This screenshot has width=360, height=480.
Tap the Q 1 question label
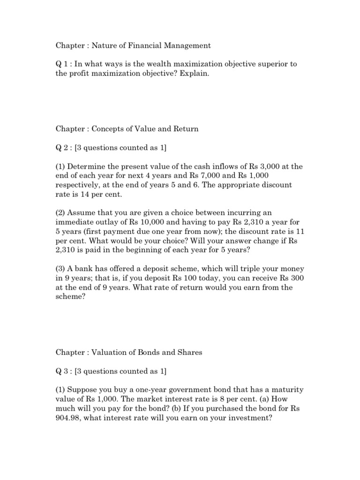tap(62, 64)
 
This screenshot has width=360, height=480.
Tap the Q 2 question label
tap(62, 148)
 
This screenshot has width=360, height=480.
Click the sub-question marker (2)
tap(61, 213)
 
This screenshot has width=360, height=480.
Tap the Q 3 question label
tap(62, 371)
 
